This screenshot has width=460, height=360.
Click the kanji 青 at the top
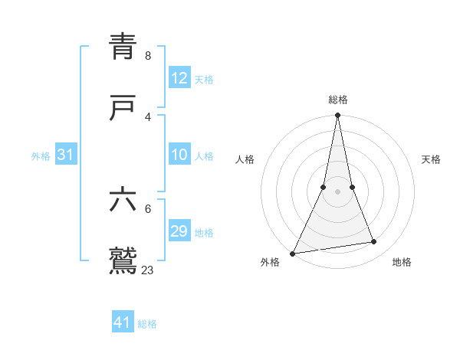(x=123, y=47)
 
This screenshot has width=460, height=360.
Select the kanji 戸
(x=123, y=107)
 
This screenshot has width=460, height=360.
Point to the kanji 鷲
(x=123, y=260)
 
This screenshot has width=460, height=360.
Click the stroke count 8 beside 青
(x=148, y=56)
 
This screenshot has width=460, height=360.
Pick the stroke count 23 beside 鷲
(x=148, y=270)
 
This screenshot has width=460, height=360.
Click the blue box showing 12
(x=179, y=78)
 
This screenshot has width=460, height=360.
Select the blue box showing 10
(x=179, y=155)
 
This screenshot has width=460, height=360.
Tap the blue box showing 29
(x=179, y=232)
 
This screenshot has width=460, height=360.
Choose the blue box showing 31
(x=65, y=155)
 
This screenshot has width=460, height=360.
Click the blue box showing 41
(x=123, y=322)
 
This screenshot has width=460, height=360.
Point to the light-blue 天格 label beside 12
(x=204, y=80)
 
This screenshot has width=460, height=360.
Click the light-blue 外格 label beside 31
(x=41, y=156)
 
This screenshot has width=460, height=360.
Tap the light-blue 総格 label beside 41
(x=147, y=324)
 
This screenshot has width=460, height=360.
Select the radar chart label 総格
(x=338, y=100)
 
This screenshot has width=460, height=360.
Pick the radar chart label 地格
(x=402, y=263)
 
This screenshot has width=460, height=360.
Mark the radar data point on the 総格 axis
(x=337, y=116)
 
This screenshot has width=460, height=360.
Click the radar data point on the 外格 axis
(x=292, y=253)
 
